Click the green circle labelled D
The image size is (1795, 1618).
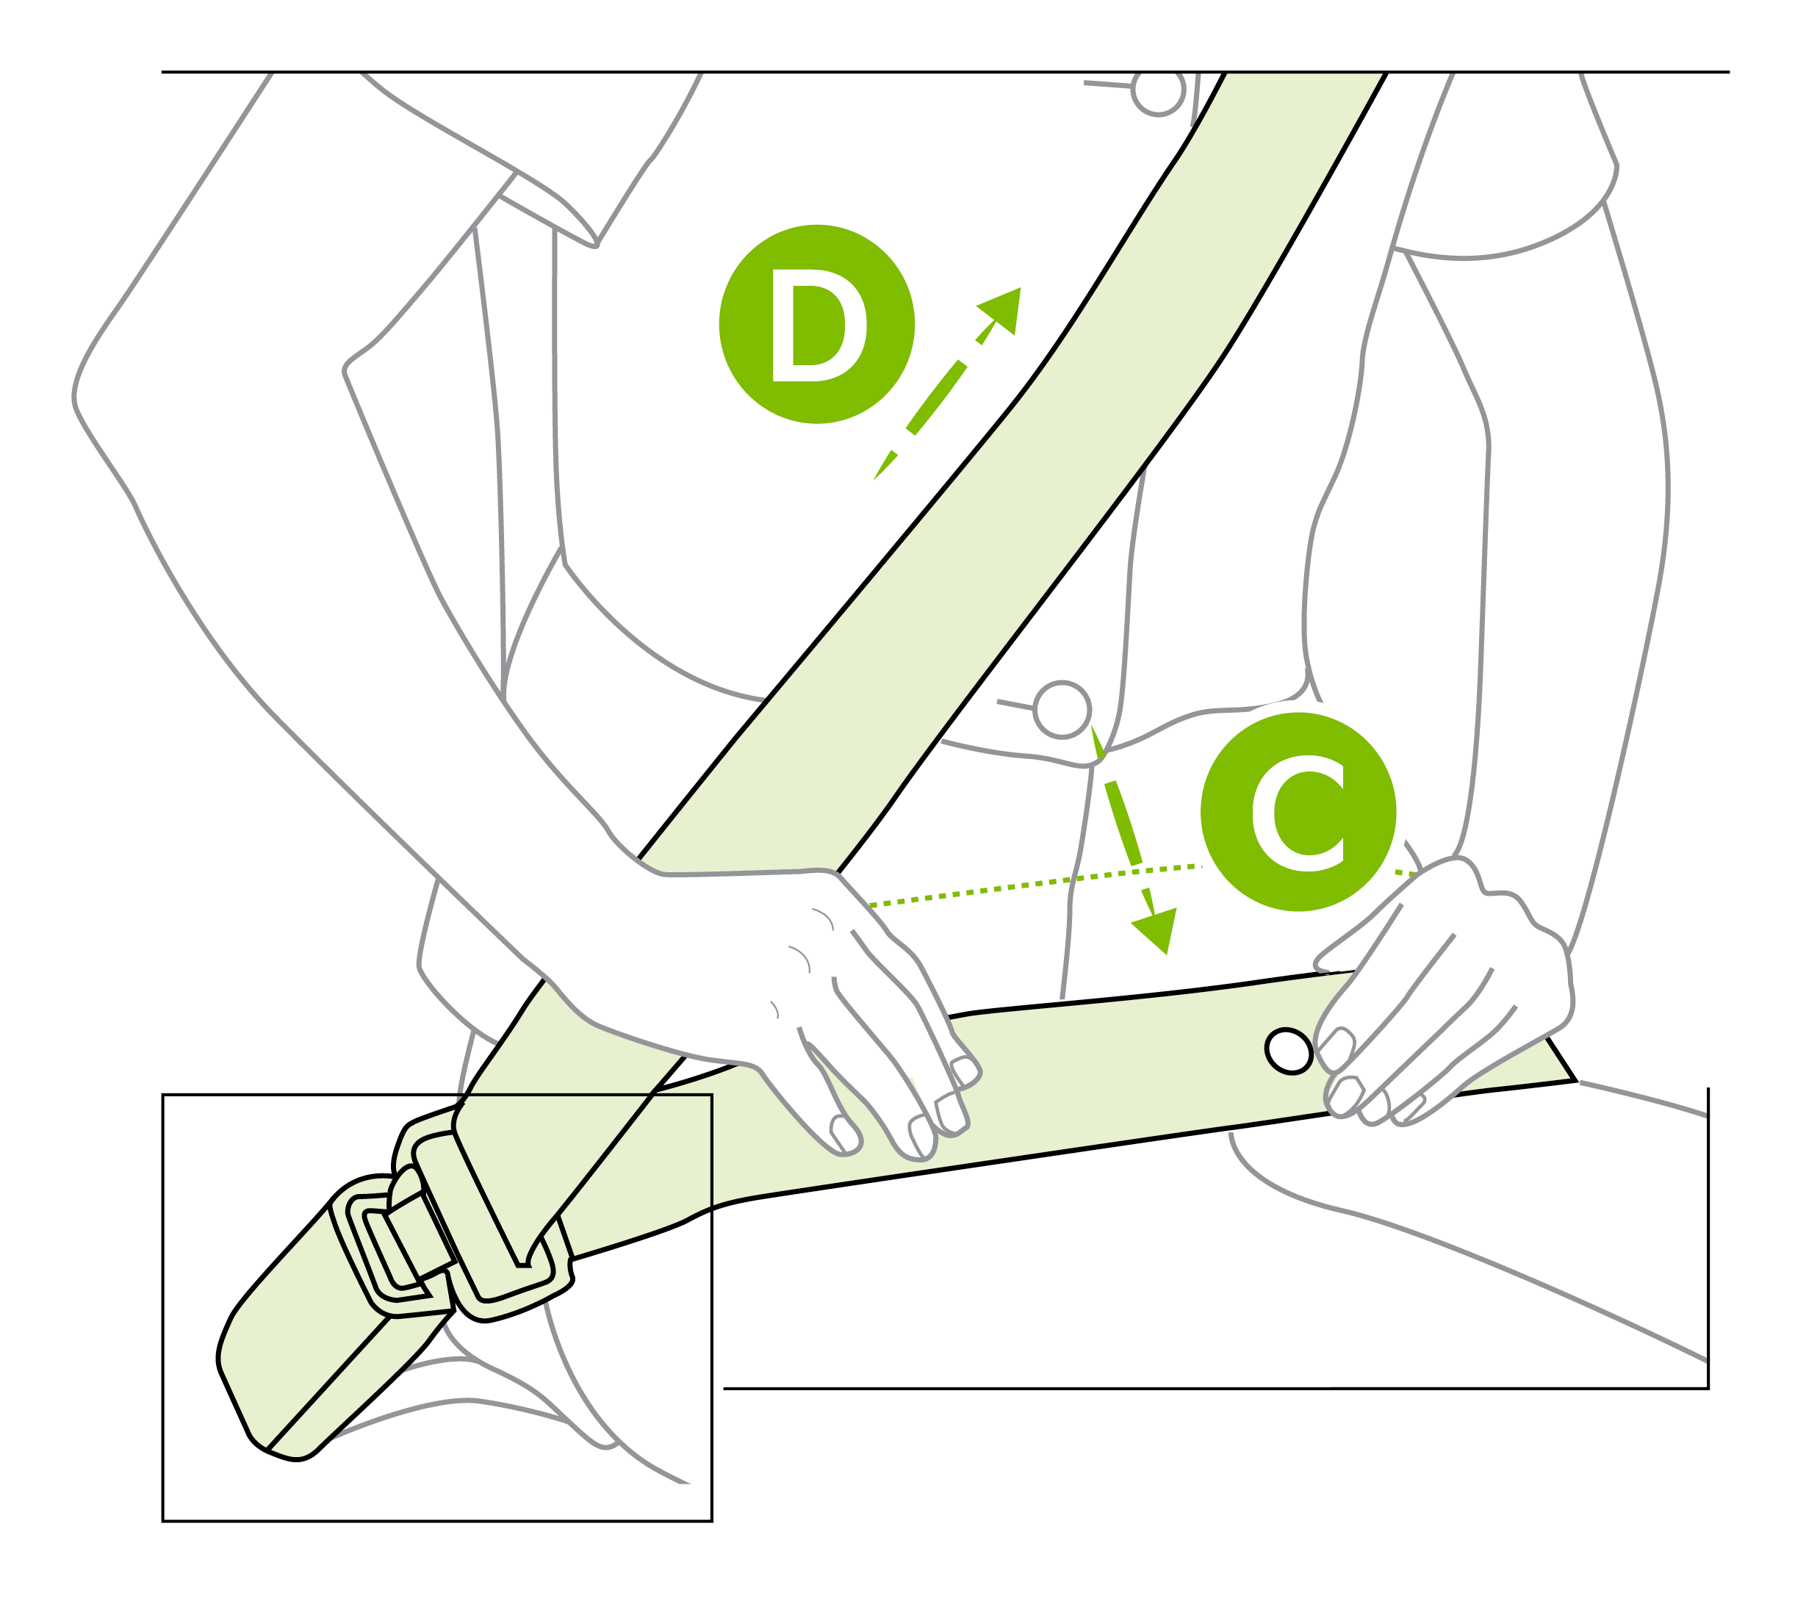(816, 323)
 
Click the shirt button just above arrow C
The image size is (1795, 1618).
(1062, 709)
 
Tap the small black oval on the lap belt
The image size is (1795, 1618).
(1287, 1051)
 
